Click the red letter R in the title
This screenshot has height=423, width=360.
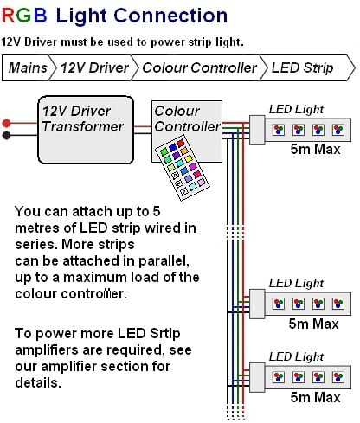point(9,16)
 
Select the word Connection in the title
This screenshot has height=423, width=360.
point(170,16)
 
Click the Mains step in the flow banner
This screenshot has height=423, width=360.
point(28,68)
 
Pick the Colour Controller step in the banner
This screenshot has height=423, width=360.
point(199,68)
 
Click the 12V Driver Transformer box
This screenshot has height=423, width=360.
point(86,130)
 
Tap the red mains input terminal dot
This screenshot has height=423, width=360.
point(6,124)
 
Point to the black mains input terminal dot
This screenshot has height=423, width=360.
point(6,135)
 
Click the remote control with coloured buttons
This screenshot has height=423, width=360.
point(183,170)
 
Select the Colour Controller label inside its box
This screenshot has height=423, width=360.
point(188,119)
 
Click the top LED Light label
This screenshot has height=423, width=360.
point(296,110)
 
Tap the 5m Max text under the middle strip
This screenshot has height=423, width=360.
point(313,324)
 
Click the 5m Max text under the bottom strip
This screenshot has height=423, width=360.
point(315,397)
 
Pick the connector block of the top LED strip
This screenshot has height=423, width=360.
point(257,130)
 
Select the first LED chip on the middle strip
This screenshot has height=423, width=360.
point(279,304)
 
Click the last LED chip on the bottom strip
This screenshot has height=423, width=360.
point(338,377)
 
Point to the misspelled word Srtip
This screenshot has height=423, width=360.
point(165,334)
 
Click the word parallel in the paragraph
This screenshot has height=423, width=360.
point(164,261)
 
